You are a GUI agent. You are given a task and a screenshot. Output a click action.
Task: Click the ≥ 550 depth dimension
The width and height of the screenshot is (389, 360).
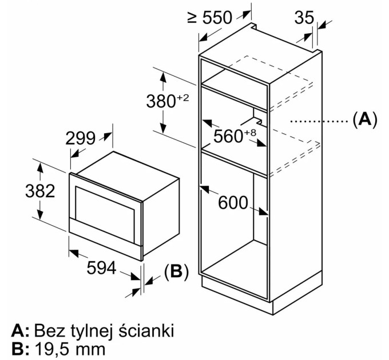[x=210, y=18]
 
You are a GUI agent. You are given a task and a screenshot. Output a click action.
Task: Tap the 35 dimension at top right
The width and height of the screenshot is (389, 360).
[x=304, y=18]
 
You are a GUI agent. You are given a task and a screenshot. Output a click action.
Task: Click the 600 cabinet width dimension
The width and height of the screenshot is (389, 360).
[x=233, y=203]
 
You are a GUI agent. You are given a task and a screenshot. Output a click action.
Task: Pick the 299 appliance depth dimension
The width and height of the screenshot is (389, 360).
[x=81, y=138]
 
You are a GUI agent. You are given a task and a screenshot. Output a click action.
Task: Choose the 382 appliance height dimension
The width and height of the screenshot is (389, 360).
[x=40, y=191]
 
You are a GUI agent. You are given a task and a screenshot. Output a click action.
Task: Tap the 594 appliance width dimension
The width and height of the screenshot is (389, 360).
[x=101, y=267]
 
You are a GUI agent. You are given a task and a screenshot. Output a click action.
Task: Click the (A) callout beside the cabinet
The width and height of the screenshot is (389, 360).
[x=365, y=119]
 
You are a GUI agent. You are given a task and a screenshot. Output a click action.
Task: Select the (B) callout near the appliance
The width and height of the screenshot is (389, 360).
[x=176, y=272]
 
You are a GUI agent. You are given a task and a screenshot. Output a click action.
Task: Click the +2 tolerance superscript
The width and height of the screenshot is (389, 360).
[x=183, y=98]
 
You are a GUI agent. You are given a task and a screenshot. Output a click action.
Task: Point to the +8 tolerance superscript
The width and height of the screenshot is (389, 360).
[x=250, y=133]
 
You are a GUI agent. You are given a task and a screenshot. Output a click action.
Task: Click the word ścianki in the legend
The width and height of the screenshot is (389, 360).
[x=146, y=330]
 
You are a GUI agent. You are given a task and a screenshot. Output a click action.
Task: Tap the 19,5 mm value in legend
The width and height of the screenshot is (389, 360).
[x=70, y=349]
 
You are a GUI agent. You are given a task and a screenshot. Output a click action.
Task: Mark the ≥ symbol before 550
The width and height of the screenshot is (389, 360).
[x=192, y=18]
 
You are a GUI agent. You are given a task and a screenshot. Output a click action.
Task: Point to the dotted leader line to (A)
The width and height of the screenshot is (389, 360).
[x=319, y=121]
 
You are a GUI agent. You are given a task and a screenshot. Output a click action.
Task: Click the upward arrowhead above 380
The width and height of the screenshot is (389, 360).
[x=162, y=77]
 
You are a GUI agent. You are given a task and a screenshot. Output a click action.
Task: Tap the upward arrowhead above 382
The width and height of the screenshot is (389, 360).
[x=40, y=168]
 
